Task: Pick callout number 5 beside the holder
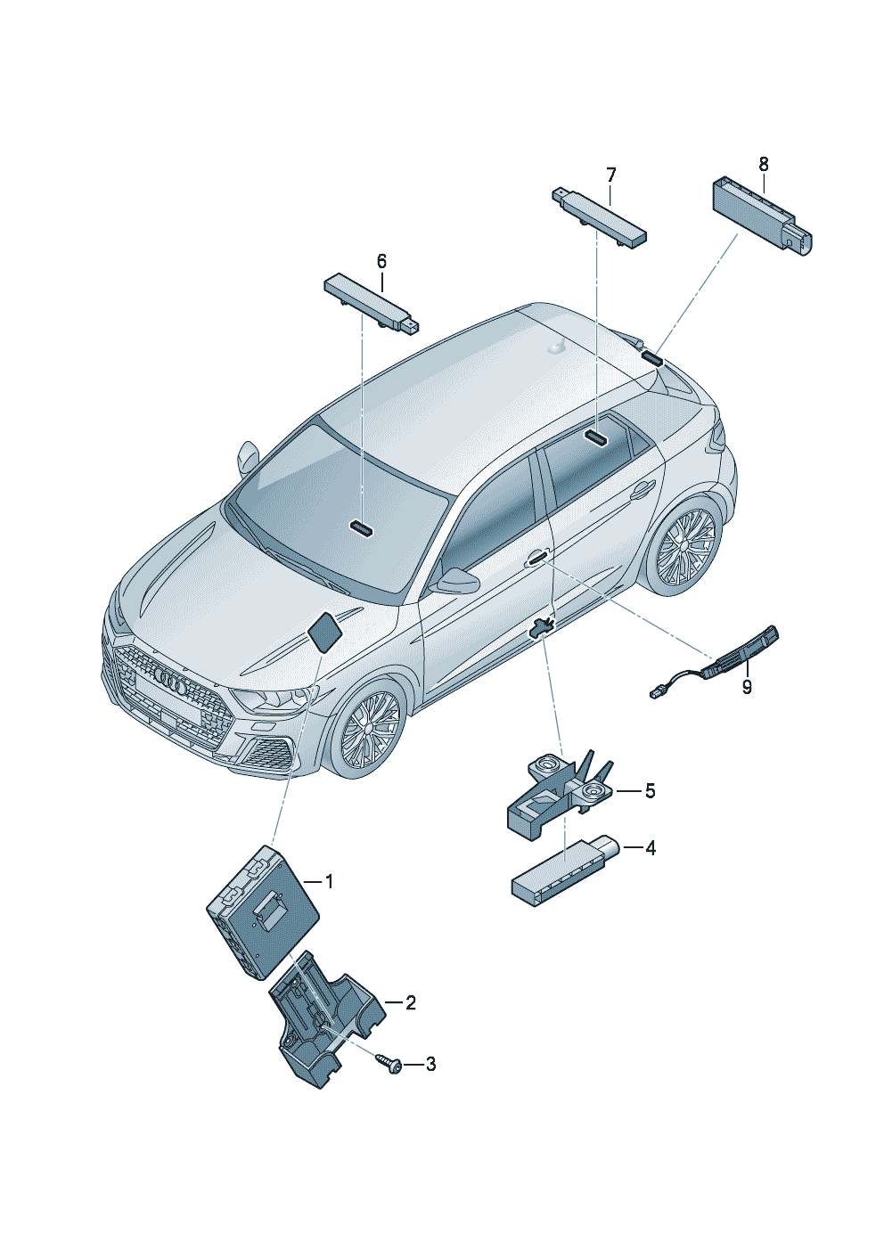point(650,791)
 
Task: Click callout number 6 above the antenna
point(381,261)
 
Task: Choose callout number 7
point(610,176)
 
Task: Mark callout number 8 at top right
point(764,164)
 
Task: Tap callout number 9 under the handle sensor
point(747,686)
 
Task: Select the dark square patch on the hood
point(323,631)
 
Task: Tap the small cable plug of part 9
point(655,694)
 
